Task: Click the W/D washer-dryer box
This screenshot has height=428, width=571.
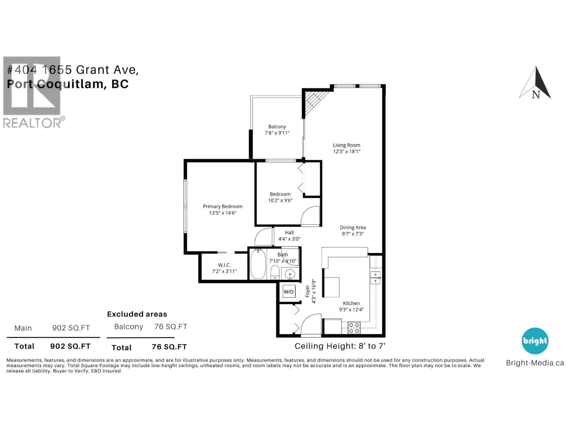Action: pyautogui.click(x=289, y=292)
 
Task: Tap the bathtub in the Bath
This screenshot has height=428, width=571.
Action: pyautogui.click(x=258, y=264)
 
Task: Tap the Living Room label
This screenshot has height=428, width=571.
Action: pyautogui.click(x=346, y=145)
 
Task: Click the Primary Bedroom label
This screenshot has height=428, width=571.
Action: pyautogui.click(x=222, y=206)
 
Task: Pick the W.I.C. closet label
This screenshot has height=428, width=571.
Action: pyautogui.click(x=224, y=265)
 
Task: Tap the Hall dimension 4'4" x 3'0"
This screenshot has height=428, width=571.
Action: pyautogui.click(x=289, y=239)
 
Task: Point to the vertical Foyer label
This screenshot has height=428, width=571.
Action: pyautogui.click(x=308, y=291)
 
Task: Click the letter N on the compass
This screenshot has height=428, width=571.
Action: pyautogui.click(x=536, y=95)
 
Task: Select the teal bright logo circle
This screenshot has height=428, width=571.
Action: pyautogui.click(x=535, y=341)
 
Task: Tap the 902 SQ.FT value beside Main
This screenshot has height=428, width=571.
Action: pyautogui.click(x=71, y=328)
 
